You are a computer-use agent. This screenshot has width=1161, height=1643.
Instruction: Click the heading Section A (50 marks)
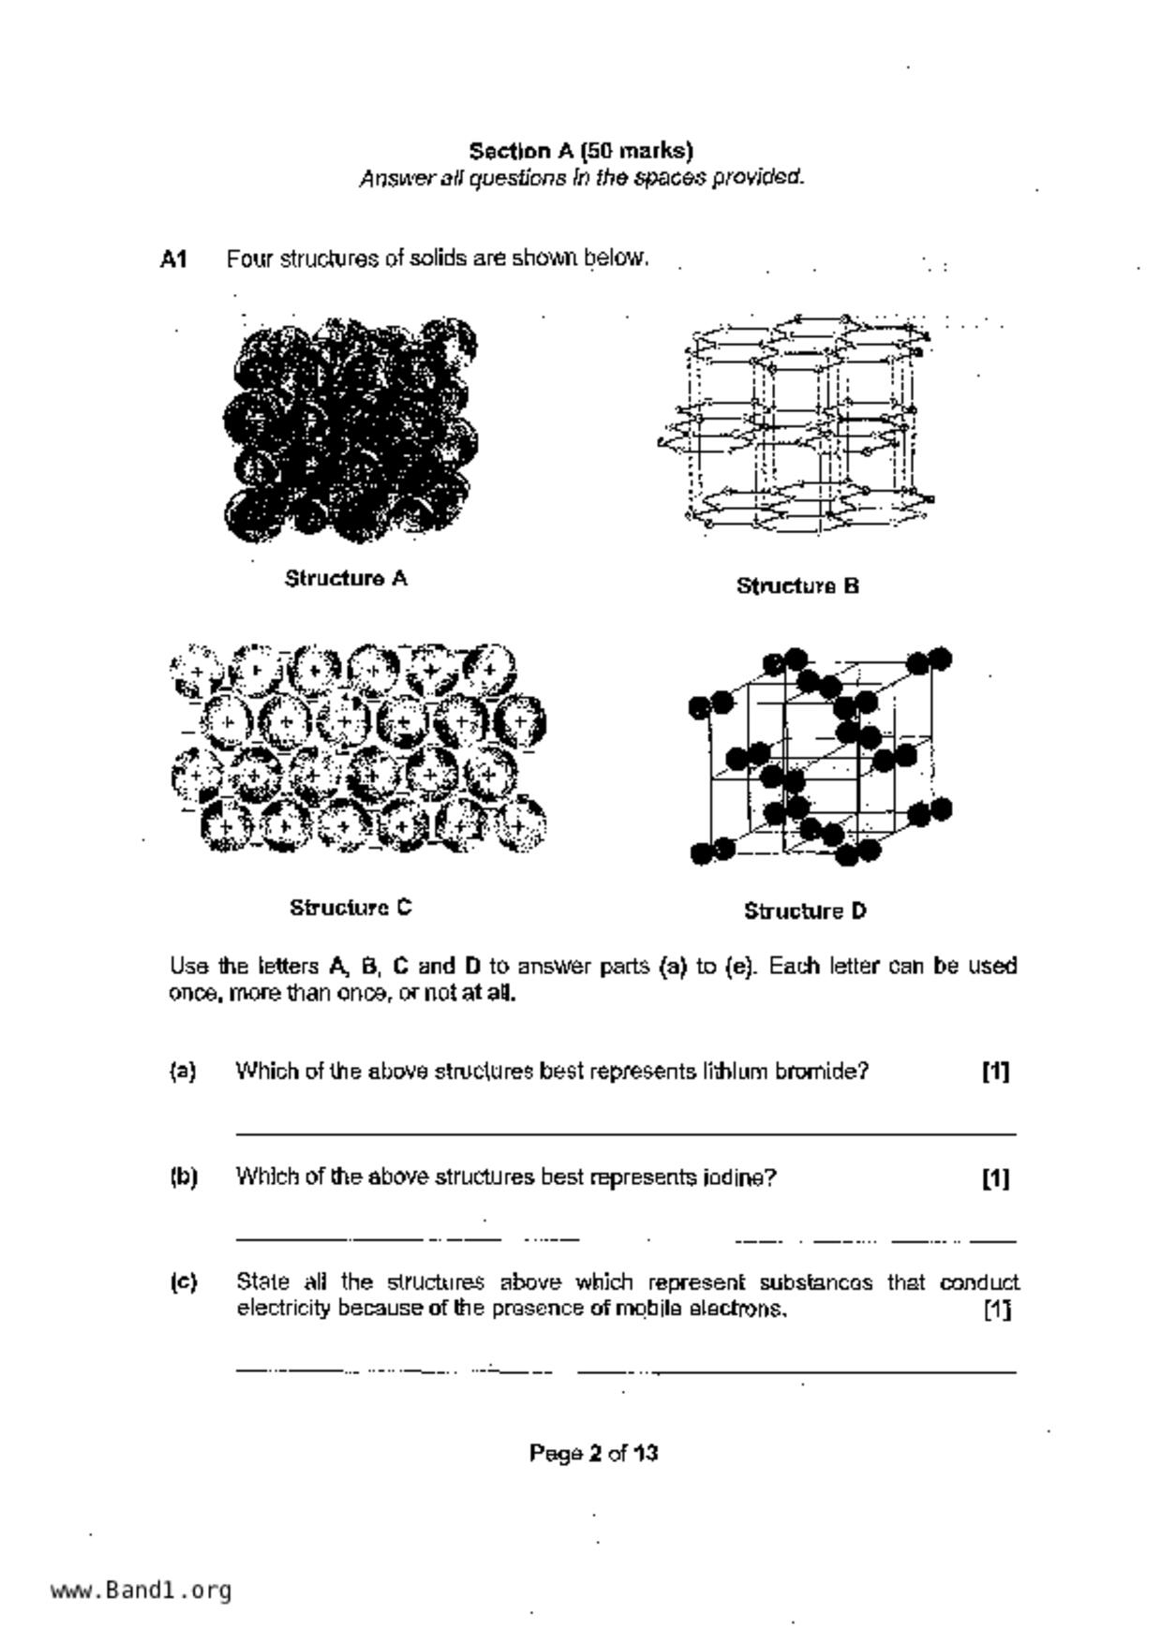pyautogui.click(x=581, y=151)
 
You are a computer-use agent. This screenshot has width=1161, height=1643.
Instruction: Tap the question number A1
pyautogui.click(x=173, y=259)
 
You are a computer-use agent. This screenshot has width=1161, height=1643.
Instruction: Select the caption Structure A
pyautogui.click(x=346, y=579)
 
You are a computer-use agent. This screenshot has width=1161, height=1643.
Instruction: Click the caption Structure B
pyautogui.click(x=797, y=586)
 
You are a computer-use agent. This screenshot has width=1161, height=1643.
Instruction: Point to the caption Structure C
pyautogui.click(x=350, y=908)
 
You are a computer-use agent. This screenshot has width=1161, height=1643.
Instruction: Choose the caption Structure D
pyautogui.click(x=805, y=911)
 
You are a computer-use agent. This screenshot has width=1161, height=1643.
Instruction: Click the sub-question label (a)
pyautogui.click(x=183, y=1071)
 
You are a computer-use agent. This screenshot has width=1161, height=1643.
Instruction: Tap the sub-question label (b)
pyautogui.click(x=184, y=1177)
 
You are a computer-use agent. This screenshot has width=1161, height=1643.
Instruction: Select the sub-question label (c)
pyautogui.click(x=184, y=1282)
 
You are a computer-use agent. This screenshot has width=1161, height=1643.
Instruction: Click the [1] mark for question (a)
pyautogui.click(x=995, y=1072)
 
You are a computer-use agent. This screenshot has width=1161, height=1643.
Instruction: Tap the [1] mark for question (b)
pyautogui.click(x=995, y=1178)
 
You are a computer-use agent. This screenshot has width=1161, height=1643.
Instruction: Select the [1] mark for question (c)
pyautogui.click(x=996, y=1310)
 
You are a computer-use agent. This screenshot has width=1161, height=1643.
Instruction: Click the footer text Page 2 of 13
pyautogui.click(x=593, y=1454)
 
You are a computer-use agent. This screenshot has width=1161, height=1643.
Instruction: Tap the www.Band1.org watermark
pyautogui.click(x=141, y=1590)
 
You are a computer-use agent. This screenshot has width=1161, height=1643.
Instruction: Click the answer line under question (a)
pyautogui.click(x=625, y=1133)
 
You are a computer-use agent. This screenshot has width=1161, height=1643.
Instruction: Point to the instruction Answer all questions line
pyautogui.click(x=581, y=178)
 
